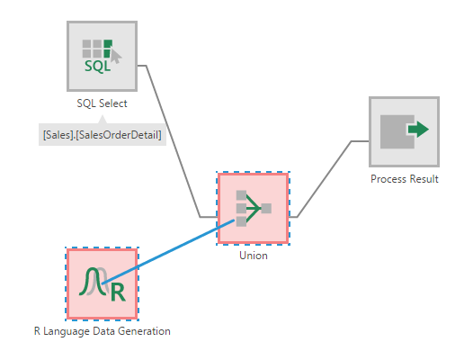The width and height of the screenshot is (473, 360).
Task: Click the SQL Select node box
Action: [x=103, y=56]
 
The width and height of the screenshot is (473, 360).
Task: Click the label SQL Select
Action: [x=102, y=103]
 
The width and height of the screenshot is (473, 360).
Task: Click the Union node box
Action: [x=252, y=208]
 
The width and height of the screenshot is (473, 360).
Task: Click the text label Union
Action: [x=253, y=255]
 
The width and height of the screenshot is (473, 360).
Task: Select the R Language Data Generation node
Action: [x=102, y=283]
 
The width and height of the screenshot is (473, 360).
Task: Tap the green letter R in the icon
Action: [x=113, y=292]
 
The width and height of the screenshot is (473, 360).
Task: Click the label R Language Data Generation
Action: [x=102, y=330]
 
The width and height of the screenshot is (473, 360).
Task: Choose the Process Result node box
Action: [x=404, y=131]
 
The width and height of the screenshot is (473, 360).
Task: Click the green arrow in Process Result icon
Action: [x=417, y=130]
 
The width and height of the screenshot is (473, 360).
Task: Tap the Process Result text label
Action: [x=405, y=179]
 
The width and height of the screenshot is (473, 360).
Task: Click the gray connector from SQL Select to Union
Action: [x=171, y=135]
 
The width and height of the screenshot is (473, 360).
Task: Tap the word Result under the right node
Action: [x=424, y=179]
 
